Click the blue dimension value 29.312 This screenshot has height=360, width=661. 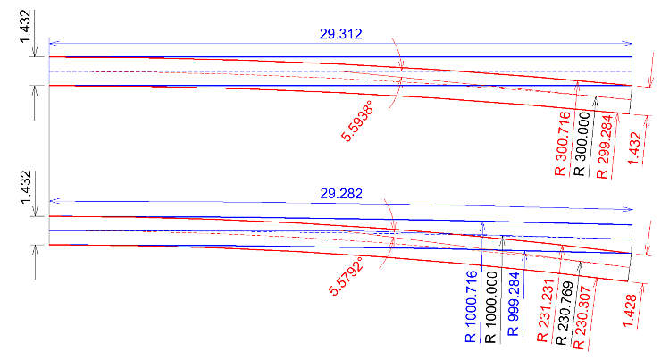pos(340,34)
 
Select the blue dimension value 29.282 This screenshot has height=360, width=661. pos(341,194)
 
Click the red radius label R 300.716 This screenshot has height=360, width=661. pos(563,143)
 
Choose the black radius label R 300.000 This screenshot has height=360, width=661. pos(582,144)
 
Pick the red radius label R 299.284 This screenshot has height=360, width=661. pos(604,147)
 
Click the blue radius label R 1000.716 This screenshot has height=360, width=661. pos(472,306)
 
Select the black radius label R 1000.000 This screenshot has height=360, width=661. pos(491,307)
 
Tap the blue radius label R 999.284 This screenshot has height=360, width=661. pos(514,305)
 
